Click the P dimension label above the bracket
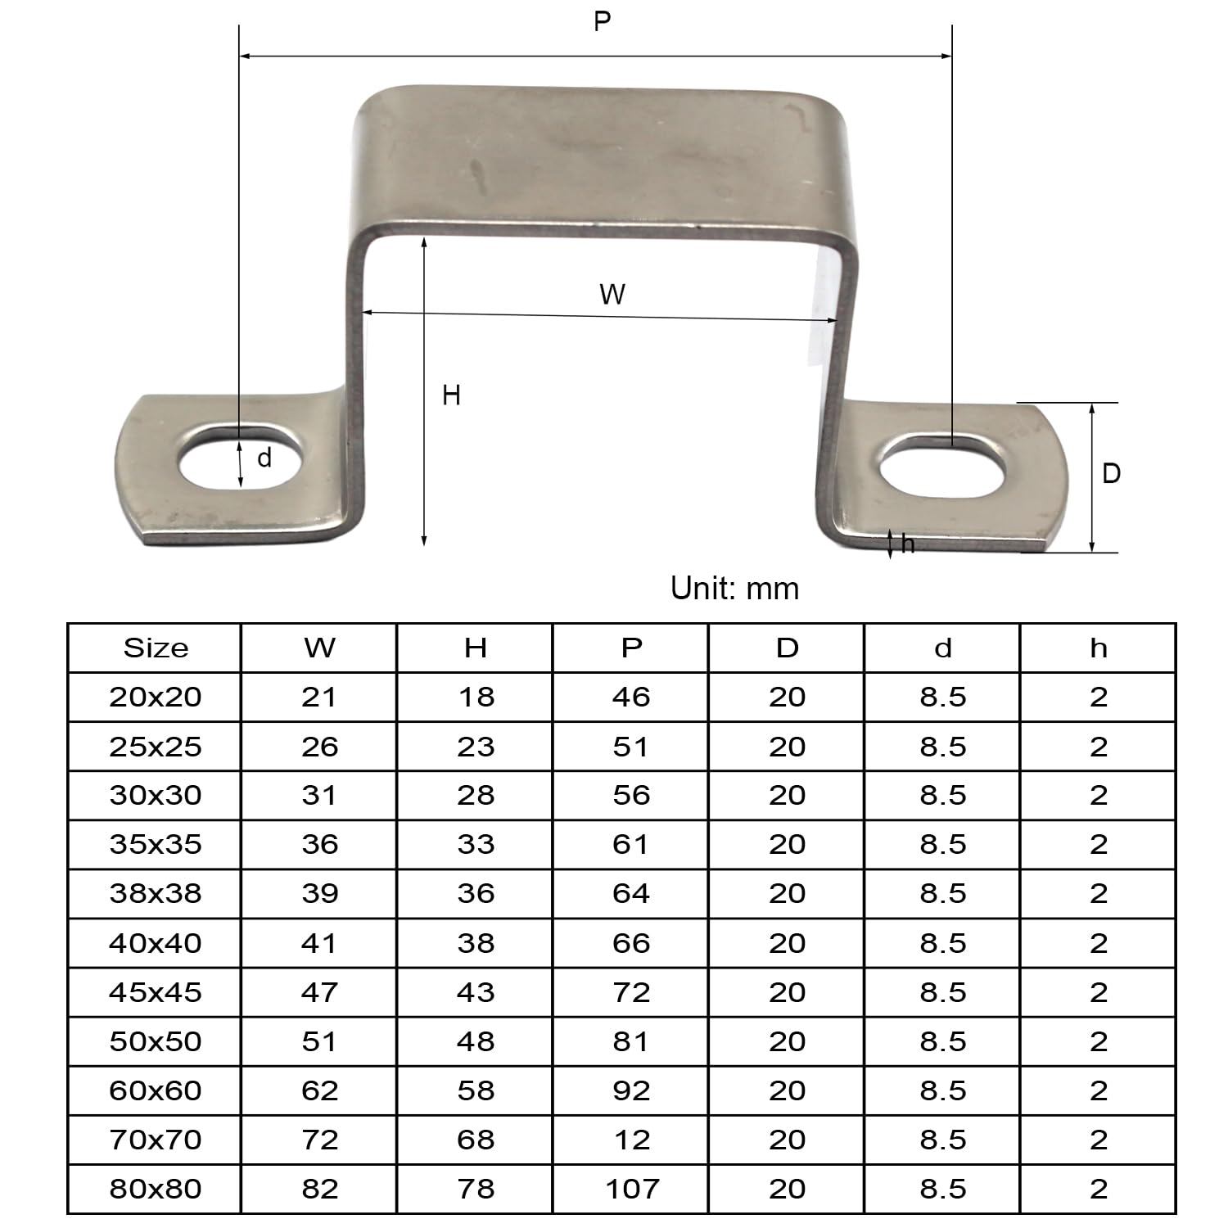tap(603, 21)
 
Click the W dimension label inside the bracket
tap(612, 294)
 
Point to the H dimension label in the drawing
tap(451, 395)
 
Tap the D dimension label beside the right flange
tap(1111, 473)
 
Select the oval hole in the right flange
tap(941, 466)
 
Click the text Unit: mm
tap(734, 589)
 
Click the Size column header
tap(156, 648)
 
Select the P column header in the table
tap(631, 648)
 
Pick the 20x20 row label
tap(156, 698)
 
